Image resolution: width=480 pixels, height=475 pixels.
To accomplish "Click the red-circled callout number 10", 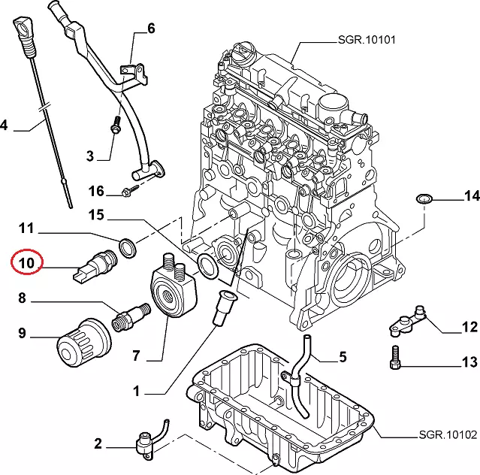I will click(x=26, y=263).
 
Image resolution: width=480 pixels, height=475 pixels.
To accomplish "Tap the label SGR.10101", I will click(x=366, y=40).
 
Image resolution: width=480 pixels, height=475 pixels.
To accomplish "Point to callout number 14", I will click(x=471, y=197).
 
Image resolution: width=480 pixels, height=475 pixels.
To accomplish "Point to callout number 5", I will click(x=343, y=355).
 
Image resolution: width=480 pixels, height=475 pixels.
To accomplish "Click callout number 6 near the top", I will click(x=151, y=29).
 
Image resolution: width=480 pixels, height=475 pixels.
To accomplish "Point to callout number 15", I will click(x=95, y=216).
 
